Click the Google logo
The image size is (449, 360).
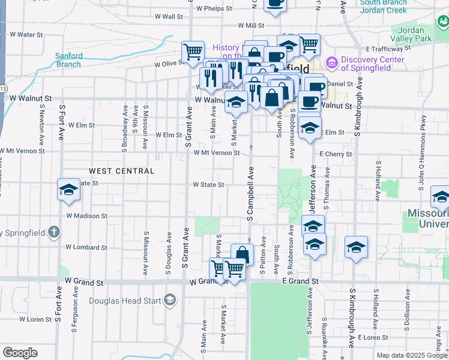(x=20, y=353)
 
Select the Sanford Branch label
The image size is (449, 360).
(x=69, y=60)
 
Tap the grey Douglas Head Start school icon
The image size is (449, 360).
(x=170, y=299)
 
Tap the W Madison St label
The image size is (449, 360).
(x=86, y=215)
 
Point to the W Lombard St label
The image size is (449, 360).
(x=85, y=247)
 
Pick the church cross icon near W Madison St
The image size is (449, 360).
(x=54, y=232)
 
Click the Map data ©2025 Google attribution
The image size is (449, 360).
(x=412, y=355)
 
